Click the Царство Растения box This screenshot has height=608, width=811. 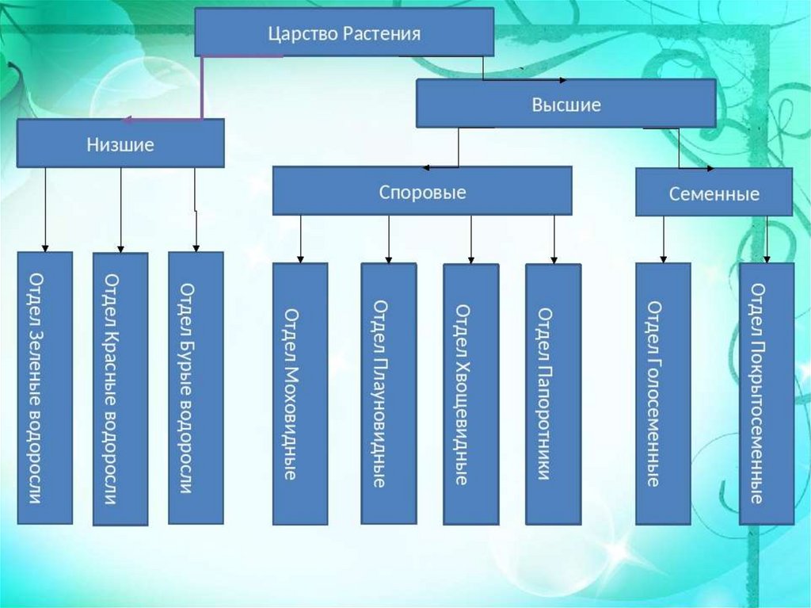(345, 33)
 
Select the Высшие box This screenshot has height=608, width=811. (565, 104)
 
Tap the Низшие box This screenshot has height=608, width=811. (120, 143)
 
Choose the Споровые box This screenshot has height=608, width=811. (422, 191)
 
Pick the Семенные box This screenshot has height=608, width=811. (714, 193)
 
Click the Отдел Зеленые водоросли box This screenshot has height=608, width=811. (45, 388)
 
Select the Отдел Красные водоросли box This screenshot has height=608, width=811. (120, 388)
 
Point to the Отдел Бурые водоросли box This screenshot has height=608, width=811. (196, 388)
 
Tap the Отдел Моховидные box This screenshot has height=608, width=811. (300, 394)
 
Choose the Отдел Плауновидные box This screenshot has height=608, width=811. (388, 393)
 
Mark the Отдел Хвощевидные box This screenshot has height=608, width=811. (470, 394)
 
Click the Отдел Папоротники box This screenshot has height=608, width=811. (553, 394)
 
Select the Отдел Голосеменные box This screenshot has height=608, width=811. (663, 394)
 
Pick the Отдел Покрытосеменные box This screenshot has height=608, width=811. (766, 394)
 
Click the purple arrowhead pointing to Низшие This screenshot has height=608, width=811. (128, 120)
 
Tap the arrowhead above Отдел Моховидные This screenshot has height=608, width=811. (300, 258)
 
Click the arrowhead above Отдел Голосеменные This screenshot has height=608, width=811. (664, 258)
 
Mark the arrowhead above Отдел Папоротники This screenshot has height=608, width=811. (554, 258)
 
